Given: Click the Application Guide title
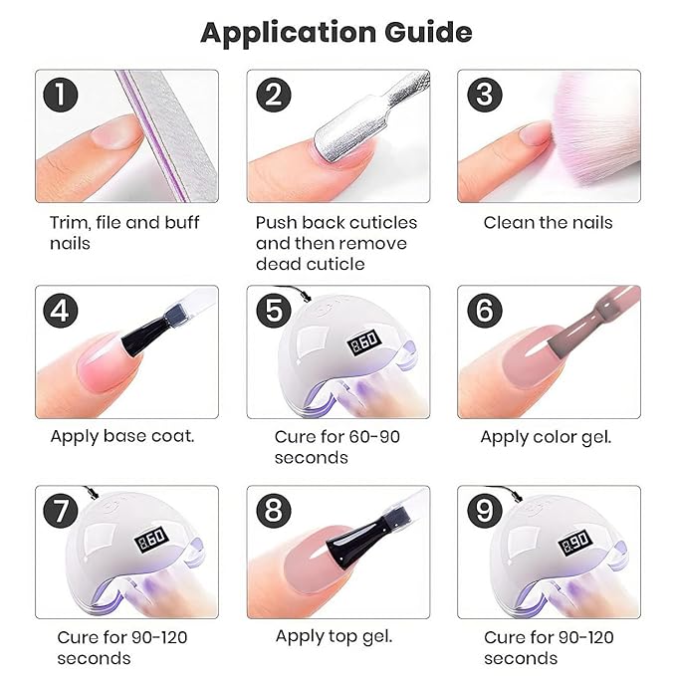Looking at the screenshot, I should click(337, 32).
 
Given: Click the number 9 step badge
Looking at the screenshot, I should click(484, 512).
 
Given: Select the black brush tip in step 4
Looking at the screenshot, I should click(139, 343).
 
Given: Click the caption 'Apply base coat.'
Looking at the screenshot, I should click(122, 436).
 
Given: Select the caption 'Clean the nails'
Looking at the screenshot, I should click(548, 222).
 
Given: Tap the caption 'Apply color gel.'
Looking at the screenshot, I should click(546, 436).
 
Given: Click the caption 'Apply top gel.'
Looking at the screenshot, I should click(335, 636).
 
